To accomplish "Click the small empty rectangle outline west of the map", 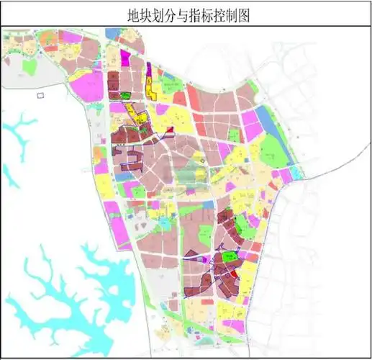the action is [40, 94].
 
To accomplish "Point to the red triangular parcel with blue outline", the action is [171, 129].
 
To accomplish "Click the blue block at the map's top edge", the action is [113, 33].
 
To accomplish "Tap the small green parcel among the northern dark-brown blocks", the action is [127, 95].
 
